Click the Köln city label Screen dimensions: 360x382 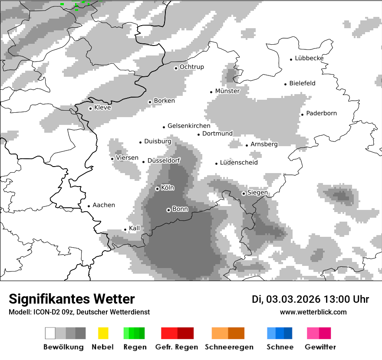tap(168, 188)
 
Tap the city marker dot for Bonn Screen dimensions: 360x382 tap(168, 210)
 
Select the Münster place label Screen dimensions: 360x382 tap(227, 91)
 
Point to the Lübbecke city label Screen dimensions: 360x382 tap(309, 58)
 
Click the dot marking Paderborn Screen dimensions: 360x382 tap(302, 115)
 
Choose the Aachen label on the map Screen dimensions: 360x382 tap(104, 205)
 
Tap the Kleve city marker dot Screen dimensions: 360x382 tap(90, 108)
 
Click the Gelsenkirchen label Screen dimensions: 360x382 tap(189, 126)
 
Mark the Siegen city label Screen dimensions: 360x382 tap(257, 193)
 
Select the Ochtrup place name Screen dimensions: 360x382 tap(191, 67)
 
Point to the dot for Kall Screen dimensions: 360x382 tap(125, 229)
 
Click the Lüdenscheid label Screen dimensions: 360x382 tap(239, 163)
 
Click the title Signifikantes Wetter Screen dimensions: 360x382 tap(72, 299)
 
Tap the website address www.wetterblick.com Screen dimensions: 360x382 tap(313, 312)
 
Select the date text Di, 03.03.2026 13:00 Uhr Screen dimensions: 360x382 tap(310, 299)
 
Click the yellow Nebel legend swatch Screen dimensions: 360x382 tap(103, 333)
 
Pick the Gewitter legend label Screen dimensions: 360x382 tap(320, 347)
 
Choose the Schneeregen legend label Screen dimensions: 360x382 tap(229, 347)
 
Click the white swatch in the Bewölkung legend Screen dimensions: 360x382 tap(50, 333)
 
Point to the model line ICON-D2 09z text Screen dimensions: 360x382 tap(79, 312)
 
